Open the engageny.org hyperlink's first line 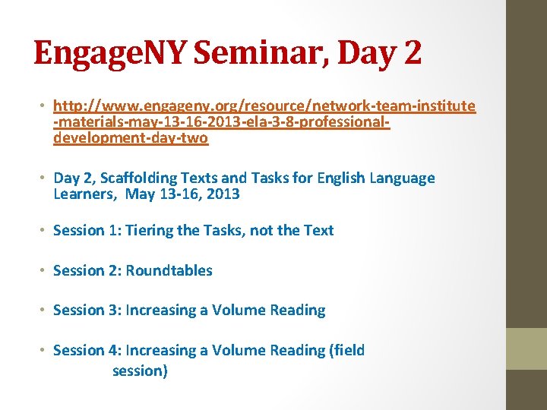(x=264, y=106)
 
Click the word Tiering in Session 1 (x=150, y=230)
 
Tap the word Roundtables (x=169, y=270)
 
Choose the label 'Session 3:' (x=87, y=310)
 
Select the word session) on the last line (x=140, y=371)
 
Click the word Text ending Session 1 (x=318, y=230)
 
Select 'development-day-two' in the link (x=131, y=139)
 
